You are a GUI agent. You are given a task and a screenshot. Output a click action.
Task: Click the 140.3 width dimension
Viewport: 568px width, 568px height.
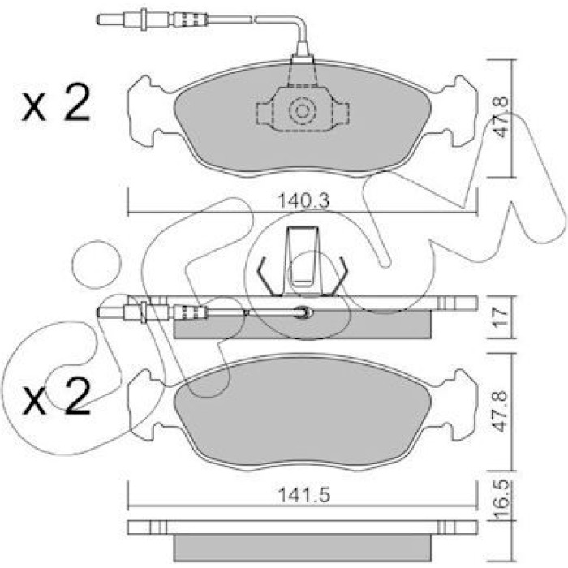(303, 200)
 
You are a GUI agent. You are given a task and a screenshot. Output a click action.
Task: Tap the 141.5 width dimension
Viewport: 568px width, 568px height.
(303, 495)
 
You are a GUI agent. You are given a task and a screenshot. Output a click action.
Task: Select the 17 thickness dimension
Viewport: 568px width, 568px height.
(501, 316)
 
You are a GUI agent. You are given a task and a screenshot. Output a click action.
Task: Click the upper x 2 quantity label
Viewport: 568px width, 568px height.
(56, 102)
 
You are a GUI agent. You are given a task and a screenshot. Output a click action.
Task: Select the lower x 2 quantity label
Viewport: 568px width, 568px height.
(56, 396)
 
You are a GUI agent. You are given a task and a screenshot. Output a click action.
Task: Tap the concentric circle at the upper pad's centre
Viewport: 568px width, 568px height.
(303, 110)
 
